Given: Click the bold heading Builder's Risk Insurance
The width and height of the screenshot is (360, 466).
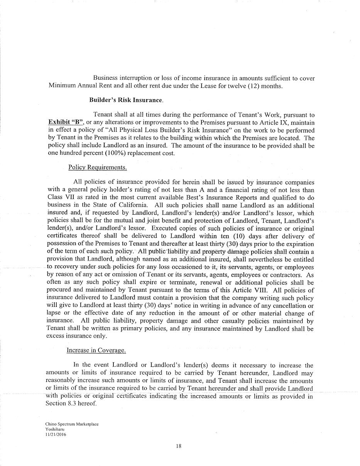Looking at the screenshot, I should tap(126, 100).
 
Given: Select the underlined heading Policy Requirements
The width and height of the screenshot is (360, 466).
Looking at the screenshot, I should tap(97, 167).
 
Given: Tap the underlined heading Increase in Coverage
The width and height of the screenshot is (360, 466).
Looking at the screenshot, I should tap(96, 350).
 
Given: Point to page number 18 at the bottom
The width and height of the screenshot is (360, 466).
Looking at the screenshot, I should tap(178, 446).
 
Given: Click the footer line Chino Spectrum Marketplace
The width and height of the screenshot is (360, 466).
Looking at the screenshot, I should tap(72, 424).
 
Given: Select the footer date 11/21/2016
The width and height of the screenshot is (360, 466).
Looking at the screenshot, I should tap(56, 434).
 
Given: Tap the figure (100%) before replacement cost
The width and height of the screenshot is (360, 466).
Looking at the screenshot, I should tap(115, 153).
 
